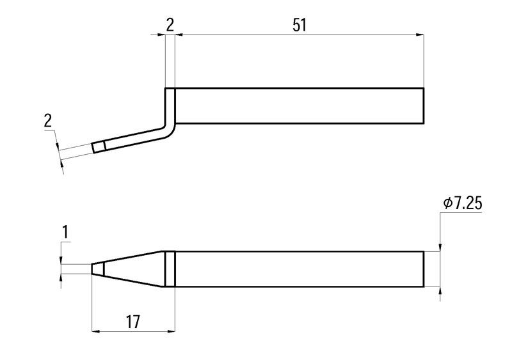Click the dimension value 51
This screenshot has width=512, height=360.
pyautogui.click(x=300, y=25)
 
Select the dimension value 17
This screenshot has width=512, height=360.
pyautogui.click(x=133, y=322)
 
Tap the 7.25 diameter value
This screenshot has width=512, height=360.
pyautogui.click(x=468, y=203)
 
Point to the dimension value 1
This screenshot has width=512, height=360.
pyautogui.click(x=65, y=232)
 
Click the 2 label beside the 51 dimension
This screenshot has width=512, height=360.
pyautogui.click(x=170, y=25)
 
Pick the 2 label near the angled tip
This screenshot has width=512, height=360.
pyautogui.click(x=48, y=121)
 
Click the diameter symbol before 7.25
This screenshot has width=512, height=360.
pyautogui.click(x=447, y=203)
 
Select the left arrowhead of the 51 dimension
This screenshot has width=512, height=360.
pyautogui.click(x=179, y=35)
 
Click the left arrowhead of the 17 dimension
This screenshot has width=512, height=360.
pyautogui.click(x=96, y=332)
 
